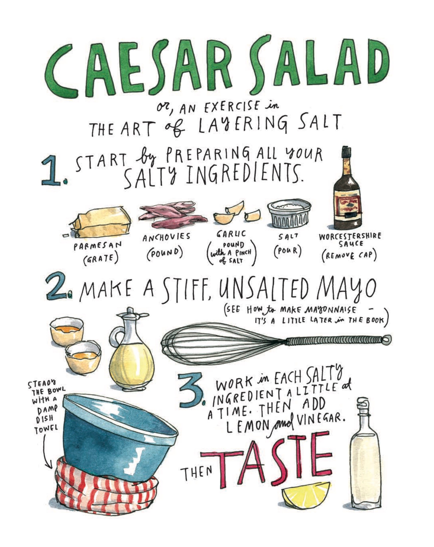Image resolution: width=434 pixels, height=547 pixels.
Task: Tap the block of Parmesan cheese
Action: point(101,222)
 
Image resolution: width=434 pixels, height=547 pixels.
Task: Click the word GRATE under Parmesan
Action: point(101,259)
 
